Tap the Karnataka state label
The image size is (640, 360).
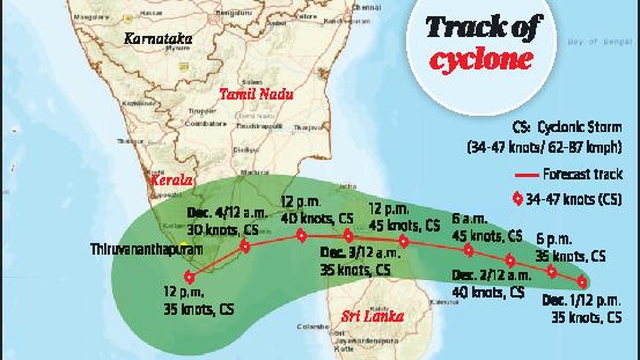coord(158,38)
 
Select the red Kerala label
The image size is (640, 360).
coord(171,180)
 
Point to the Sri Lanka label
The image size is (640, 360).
coord(372,316)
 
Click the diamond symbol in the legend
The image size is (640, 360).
coord(517,200)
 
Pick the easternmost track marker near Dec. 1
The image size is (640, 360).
coord(582,282)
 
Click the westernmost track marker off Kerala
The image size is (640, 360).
coord(189,277)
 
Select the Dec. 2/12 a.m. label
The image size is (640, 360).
coord(491,276)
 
